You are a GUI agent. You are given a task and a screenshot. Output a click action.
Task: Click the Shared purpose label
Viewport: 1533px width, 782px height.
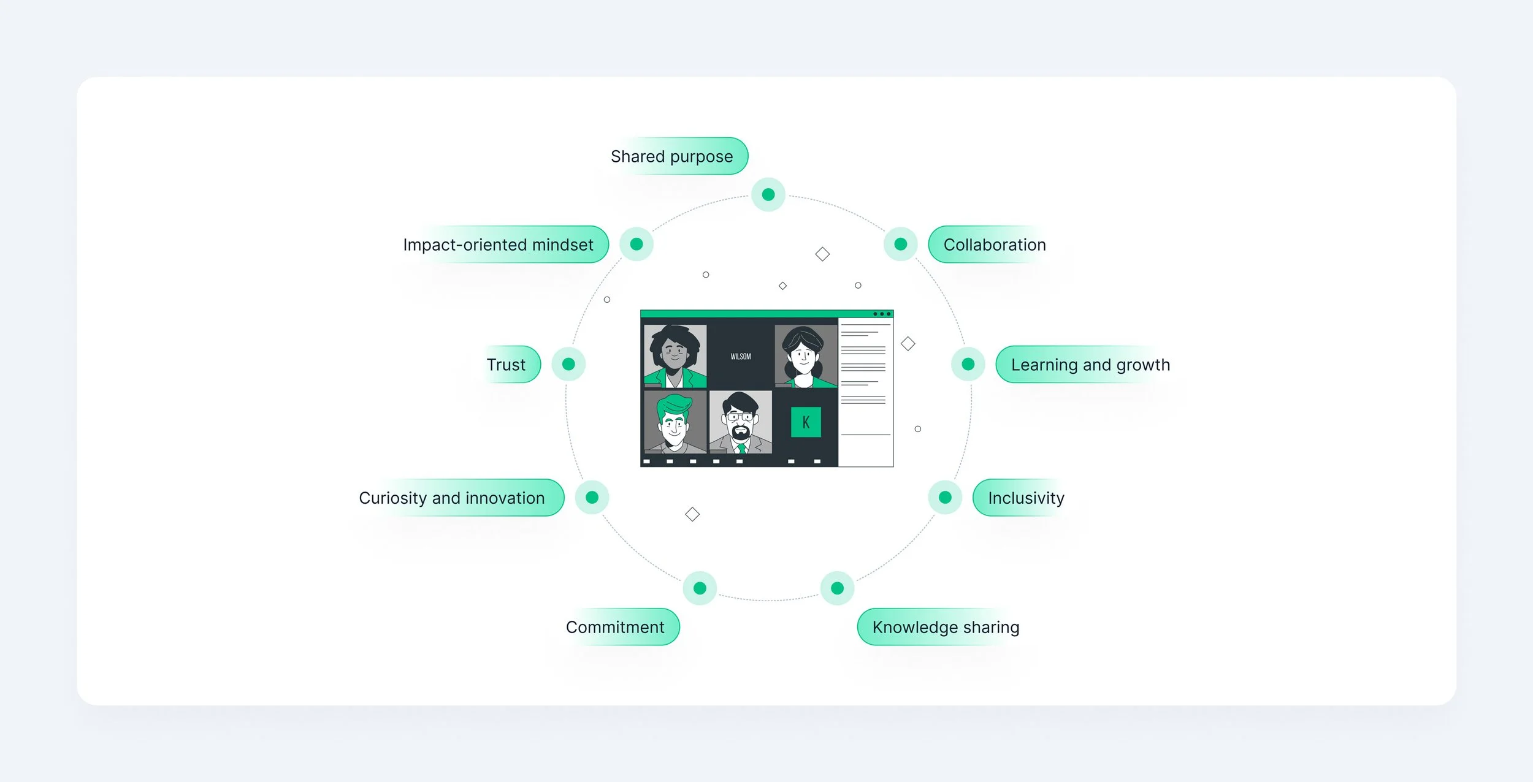(672, 156)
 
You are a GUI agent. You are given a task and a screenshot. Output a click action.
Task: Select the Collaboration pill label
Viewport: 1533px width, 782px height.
(994, 245)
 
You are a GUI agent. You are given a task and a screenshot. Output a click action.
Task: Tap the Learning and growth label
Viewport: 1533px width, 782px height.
(1090, 365)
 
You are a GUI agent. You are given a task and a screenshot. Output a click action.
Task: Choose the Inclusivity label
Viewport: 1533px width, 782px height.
(1026, 498)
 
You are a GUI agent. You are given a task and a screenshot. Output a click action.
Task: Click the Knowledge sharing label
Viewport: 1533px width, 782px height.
(945, 627)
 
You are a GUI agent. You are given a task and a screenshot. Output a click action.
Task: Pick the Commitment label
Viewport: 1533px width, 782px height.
(615, 627)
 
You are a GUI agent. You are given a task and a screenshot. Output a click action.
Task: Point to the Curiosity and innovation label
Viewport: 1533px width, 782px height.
(452, 498)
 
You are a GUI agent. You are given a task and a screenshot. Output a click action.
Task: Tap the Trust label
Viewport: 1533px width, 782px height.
(506, 365)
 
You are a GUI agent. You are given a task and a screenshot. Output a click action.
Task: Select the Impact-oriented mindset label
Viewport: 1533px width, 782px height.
(498, 245)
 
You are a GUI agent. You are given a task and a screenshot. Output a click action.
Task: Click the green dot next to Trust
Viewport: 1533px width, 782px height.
(568, 364)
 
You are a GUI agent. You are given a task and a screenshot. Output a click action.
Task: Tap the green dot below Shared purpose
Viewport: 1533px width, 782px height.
(768, 195)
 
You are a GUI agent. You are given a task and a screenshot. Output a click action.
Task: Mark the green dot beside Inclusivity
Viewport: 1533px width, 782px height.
(945, 497)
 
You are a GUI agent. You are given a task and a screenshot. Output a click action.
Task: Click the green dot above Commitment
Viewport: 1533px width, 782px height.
(700, 588)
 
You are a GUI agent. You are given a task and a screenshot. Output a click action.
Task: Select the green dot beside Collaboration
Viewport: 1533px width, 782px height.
(900, 244)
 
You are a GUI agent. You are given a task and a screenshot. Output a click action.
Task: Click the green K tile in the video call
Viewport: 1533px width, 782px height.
(806, 422)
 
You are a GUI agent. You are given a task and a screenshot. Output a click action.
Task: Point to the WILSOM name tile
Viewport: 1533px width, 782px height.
(740, 356)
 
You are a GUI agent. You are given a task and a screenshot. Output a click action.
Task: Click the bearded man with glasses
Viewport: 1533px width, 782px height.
(740, 422)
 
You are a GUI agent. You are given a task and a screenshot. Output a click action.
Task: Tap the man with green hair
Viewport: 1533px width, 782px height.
(674, 422)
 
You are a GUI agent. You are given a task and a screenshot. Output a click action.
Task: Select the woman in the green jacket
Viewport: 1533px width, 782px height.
(675, 357)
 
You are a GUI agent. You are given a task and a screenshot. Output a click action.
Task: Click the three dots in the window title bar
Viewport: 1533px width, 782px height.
(882, 314)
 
